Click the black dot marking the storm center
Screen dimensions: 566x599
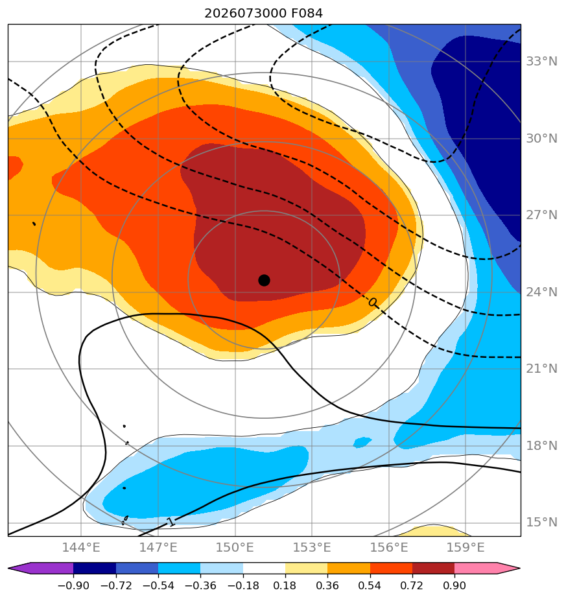tap(264, 281)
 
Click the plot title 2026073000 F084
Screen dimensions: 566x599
tap(264, 14)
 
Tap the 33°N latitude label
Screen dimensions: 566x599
tap(541, 61)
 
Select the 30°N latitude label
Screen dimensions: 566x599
tap(541, 138)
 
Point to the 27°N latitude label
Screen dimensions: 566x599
tap(541, 215)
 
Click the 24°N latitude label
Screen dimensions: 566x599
tap(541, 292)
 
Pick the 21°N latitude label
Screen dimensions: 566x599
tap(541, 369)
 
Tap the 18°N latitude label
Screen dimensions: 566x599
tap(541, 446)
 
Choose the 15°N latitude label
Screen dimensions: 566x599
tap(541, 523)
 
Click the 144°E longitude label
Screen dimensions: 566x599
tap(81, 547)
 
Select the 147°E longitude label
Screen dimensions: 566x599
tap(158, 547)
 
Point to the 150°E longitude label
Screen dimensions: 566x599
tap(235, 547)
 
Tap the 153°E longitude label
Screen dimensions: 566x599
tap(312, 547)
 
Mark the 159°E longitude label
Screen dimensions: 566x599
tap(466, 547)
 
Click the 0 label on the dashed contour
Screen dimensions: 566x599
tap(373, 303)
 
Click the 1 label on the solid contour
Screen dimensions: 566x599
tap(171, 521)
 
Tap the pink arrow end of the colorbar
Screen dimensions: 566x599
tap(509, 568)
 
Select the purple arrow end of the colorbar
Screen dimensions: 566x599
tap(19, 568)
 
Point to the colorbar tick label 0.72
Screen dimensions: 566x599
tap(412, 585)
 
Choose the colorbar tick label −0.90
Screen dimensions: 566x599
tap(73, 585)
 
